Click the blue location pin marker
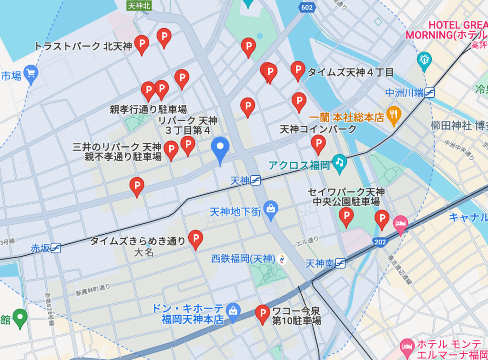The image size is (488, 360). (x=220, y=149)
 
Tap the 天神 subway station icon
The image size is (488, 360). (x=256, y=180)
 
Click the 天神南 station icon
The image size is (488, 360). (x=340, y=263)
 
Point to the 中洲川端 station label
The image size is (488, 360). (x=405, y=92)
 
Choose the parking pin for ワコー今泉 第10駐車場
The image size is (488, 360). (x=262, y=313)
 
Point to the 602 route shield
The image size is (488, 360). (x=307, y=7)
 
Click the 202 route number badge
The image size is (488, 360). (x=380, y=242)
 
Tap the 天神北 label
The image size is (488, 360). (x=138, y=6)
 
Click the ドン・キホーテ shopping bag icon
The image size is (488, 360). (x=233, y=310)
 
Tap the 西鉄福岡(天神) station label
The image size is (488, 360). (x=243, y=259)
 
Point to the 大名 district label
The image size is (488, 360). (x=144, y=252)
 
